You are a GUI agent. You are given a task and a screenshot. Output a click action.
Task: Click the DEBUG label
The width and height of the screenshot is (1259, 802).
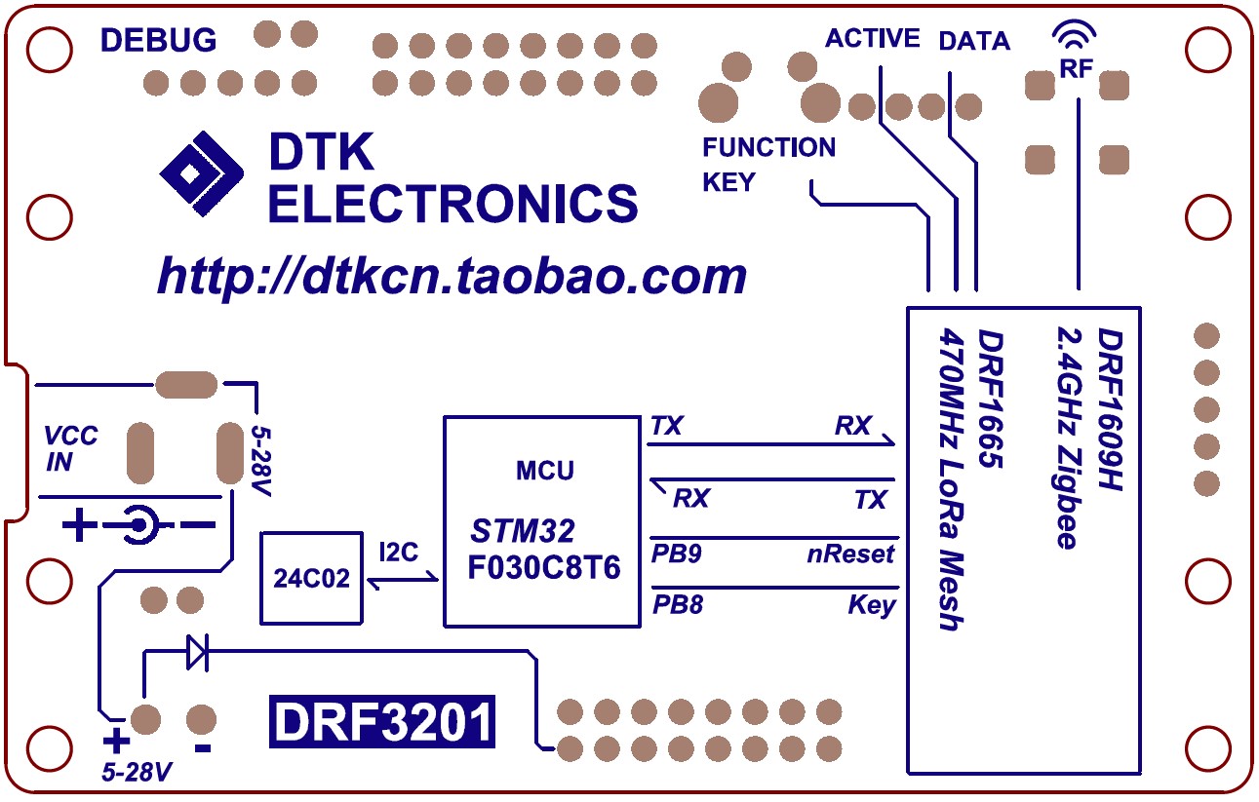[159, 40]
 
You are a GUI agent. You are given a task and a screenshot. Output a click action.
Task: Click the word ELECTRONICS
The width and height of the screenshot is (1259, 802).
[453, 204]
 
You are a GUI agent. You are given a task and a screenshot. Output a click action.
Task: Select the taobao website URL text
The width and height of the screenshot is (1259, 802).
[452, 277]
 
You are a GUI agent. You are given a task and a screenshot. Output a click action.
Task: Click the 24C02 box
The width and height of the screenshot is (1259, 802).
[310, 577]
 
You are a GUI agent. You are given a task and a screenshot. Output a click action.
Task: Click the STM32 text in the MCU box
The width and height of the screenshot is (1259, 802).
[523, 531]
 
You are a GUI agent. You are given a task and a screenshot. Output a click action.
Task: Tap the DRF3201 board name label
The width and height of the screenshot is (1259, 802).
[382, 723]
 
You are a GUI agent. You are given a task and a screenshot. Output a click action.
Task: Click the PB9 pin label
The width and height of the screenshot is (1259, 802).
[677, 554]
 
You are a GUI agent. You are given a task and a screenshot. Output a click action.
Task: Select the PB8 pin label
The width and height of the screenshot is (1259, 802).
[677, 605]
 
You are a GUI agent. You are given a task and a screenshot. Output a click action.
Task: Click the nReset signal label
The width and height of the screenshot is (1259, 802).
[850, 554]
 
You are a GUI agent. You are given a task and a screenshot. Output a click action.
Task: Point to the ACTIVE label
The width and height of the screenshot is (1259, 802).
[872, 38]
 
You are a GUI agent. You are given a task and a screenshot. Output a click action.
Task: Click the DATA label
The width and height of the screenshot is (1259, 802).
[974, 41]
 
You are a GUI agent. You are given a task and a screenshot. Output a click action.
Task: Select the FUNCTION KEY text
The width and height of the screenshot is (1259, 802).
[768, 164]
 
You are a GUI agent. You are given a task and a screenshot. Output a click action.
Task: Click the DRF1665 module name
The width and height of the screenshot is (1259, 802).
[991, 400]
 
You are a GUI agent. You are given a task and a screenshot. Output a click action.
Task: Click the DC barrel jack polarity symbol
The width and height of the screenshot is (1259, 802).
[138, 526]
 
